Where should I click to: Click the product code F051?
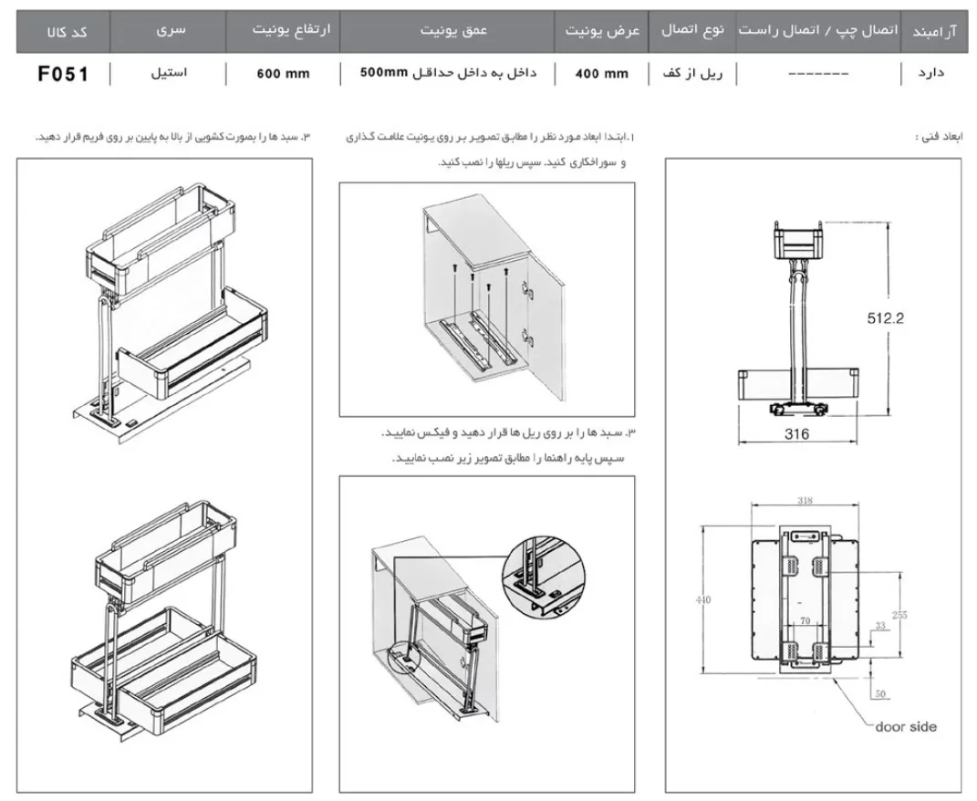[63, 74]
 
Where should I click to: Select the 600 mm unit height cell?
[283, 74]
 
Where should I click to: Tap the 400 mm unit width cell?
[601, 74]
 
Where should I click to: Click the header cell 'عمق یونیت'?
[453, 30]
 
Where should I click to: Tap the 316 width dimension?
[796, 434]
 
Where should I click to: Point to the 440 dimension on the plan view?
[702, 599]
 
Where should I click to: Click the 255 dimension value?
[899, 615]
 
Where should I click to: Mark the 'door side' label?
[905, 727]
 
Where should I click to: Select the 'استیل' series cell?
[170, 73]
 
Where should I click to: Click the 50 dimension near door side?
[879, 693]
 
